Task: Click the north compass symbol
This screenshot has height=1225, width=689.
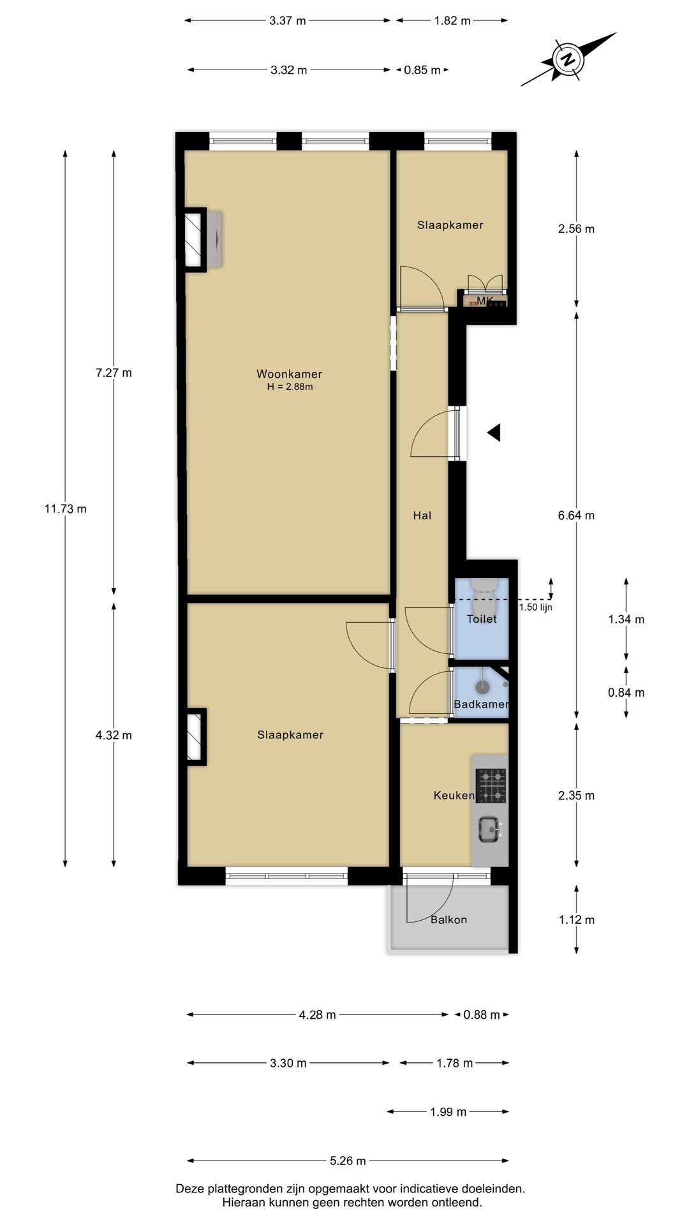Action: point(568,59)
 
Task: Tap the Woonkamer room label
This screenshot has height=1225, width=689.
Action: point(289,374)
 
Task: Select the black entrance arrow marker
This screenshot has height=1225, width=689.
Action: point(494,433)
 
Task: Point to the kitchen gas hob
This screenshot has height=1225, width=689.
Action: point(491,785)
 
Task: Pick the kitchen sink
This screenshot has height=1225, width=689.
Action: point(490,829)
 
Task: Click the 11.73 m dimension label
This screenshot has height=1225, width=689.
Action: point(65,509)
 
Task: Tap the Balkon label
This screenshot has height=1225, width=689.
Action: point(448,919)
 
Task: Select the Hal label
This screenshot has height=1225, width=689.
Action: point(422,516)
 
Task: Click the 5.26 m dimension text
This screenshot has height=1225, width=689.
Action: point(348,1161)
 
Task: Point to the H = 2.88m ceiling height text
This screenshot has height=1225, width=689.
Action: point(290,387)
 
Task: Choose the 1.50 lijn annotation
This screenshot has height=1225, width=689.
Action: point(536,607)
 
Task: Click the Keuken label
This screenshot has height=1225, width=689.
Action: point(454,795)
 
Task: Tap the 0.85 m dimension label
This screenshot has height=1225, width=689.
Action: point(422,70)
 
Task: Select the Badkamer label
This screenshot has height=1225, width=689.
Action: point(481,704)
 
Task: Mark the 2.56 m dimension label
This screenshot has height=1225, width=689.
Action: point(576,228)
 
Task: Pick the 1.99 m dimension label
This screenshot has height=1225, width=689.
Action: point(448,1112)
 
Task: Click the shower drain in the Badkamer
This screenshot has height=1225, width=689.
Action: point(483,687)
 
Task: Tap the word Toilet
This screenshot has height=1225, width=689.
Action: point(482,618)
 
